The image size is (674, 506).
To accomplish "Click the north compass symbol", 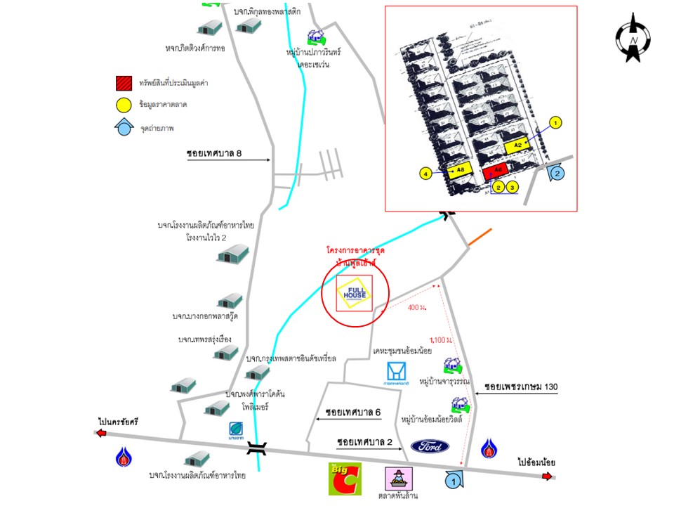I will (634, 38).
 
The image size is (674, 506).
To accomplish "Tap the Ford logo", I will (430, 446).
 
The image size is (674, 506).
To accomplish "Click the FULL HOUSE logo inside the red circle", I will (355, 293).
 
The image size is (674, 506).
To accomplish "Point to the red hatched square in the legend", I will (124, 83).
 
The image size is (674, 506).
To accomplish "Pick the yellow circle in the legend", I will (124, 105).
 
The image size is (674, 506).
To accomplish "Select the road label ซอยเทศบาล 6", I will (353, 411).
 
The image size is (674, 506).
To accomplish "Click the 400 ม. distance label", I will (416, 308).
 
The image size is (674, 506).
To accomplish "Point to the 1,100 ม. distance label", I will (440, 340).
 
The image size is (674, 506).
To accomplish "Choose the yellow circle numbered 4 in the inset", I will (425, 172).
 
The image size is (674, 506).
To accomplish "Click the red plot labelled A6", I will (495, 171).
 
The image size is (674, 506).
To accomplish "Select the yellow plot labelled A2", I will (517, 145).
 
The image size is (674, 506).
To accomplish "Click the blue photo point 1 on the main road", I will (454, 481).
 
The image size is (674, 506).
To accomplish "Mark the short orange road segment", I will (480, 237).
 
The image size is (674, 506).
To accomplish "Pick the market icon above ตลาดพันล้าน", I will (397, 479).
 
